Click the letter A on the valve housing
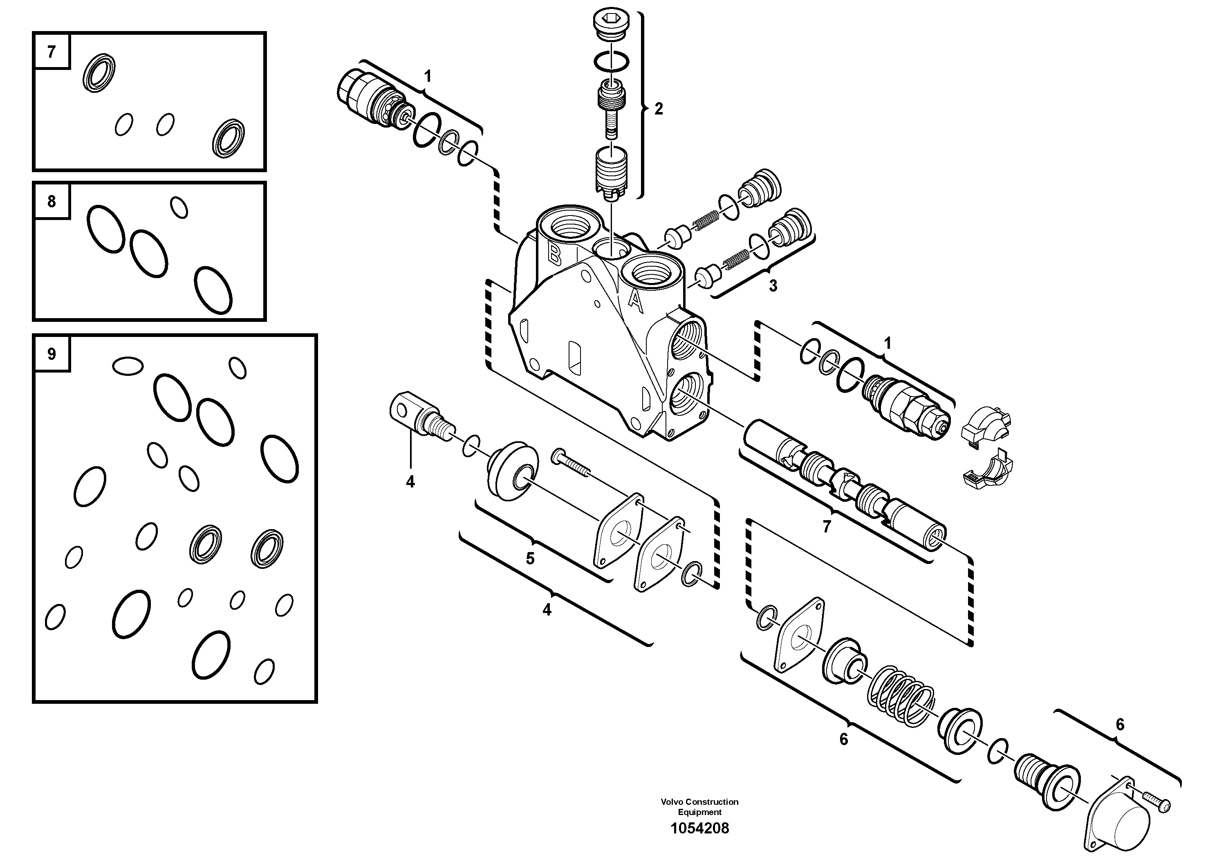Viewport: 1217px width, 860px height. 635,301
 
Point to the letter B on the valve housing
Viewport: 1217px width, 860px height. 554,254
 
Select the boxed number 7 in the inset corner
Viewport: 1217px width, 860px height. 52,52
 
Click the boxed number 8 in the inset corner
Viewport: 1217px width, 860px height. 52,202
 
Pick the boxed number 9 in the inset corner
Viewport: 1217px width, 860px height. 52,354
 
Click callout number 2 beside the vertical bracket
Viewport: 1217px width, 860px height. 658,109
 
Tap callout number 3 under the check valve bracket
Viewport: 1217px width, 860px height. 773,286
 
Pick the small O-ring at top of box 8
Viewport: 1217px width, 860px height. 179,207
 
